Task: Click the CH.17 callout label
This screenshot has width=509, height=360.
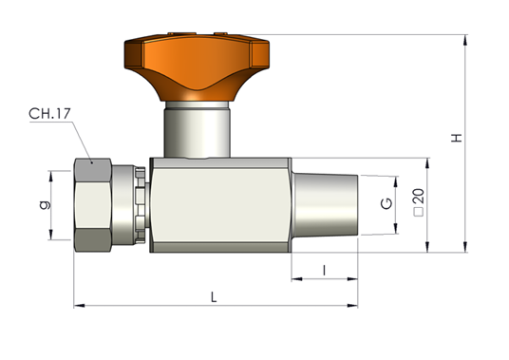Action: tap(49, 114)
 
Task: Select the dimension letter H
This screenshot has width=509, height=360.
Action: tap(457, 138)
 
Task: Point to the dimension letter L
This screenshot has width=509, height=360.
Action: tap(214, 297)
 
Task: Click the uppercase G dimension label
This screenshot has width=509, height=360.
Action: tap(386, 203)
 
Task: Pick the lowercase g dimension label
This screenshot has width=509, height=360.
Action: tap(46, 205)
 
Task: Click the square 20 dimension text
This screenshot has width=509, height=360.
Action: tap(419, 202)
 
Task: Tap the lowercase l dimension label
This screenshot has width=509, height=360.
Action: tap(324, 270)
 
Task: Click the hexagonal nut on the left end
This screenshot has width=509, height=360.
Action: tap(93, 205)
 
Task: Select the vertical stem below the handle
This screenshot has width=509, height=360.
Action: tap(197, 129)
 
